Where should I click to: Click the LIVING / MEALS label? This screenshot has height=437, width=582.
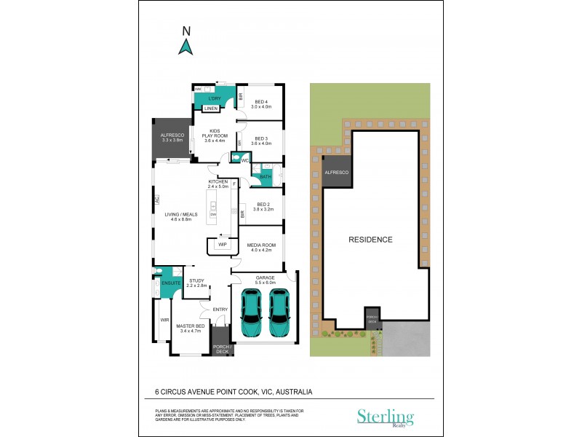point(181,217)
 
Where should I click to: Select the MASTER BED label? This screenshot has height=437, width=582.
point(191,328)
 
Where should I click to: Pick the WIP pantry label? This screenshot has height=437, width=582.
point(222,245)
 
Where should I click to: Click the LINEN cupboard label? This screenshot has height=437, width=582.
point(210,109)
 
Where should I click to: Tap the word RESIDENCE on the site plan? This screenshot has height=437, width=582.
point(370,239)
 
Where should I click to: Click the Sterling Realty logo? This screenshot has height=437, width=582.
point(385,417)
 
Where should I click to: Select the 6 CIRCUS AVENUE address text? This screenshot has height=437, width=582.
point(234,391)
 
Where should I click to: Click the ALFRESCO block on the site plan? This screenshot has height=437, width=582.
point(336,172)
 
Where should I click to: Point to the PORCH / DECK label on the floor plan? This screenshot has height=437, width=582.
point(223,348)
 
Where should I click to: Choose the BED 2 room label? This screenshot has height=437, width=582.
point(263,207)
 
